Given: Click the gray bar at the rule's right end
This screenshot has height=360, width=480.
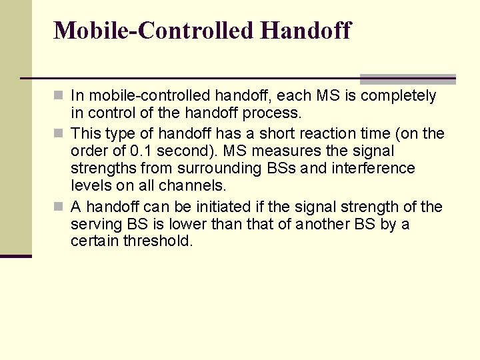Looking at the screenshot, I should pos(407,79).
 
